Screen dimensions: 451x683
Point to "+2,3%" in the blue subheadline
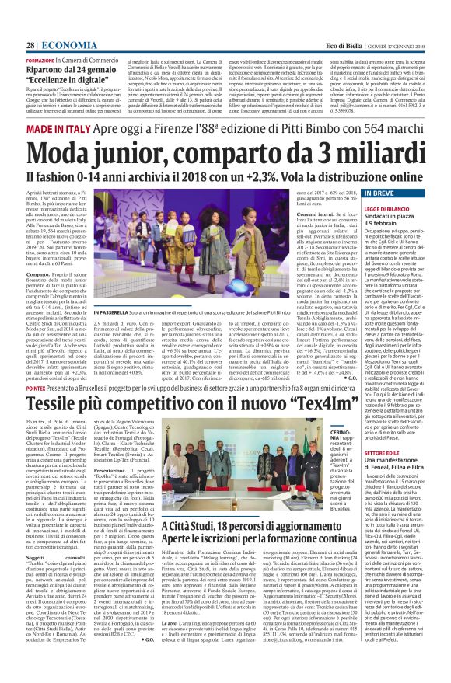point(271,170)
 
